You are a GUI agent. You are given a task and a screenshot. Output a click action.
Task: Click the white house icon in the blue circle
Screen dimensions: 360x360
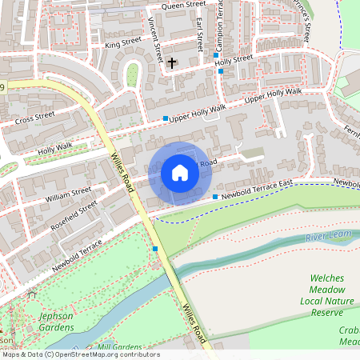coord(180,174)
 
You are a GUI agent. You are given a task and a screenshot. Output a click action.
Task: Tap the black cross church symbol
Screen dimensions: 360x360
coord(172,62)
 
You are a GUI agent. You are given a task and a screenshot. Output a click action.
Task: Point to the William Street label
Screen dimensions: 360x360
coord(68,194)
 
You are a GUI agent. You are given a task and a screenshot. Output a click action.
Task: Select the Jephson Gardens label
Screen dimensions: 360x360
coord(56,322)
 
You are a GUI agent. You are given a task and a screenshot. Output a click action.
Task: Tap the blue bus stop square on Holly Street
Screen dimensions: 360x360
coord(221,71)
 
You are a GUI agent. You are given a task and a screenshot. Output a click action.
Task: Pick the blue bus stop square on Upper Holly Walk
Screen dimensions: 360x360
coord(166,119)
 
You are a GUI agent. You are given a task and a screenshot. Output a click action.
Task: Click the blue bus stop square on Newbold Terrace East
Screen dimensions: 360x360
coord(215,197)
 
